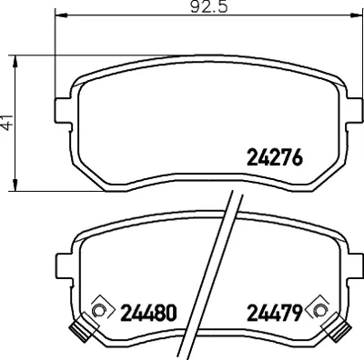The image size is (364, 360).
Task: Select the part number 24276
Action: coord(275,158)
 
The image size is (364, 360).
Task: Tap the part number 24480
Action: coord(148,313)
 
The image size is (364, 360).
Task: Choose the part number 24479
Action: coord(275,313)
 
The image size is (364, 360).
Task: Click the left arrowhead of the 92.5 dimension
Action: coord(61,15)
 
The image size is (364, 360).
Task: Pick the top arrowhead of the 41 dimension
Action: coord(15,62)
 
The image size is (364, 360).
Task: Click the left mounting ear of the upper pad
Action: coord(63,111)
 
